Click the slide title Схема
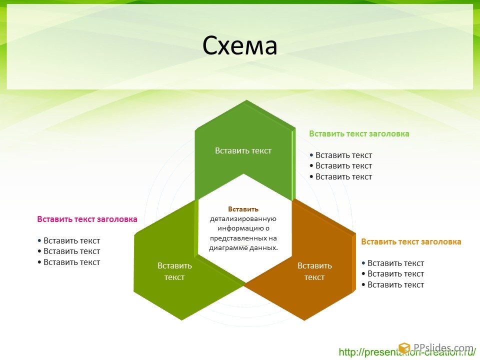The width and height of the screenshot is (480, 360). point(239,45)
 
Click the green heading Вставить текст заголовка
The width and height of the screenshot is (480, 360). point(359,134)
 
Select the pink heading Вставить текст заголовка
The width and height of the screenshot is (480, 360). point(87,219)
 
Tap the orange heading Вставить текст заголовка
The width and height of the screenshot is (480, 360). point(411,242)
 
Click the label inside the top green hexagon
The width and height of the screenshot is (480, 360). point(243,150)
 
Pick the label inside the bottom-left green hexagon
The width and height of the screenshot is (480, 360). point(174,271)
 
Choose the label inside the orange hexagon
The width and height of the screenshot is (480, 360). point(314,271)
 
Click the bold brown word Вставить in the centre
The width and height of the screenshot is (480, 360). point(243,209)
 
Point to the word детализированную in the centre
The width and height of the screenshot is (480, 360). point(243,219)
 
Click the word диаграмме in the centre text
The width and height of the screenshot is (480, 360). point(228,248)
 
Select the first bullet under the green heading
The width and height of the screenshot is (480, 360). point(340,155)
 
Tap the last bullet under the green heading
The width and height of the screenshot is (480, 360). point(340,176)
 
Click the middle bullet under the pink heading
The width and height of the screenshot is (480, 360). point(69,251)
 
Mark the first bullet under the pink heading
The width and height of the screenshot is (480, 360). point(69,240)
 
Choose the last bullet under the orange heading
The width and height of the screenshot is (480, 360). point(393,284)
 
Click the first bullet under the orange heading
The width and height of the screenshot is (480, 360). point(393,263)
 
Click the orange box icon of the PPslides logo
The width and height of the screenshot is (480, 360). point(404,348)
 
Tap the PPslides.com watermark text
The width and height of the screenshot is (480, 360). point(443,348)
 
